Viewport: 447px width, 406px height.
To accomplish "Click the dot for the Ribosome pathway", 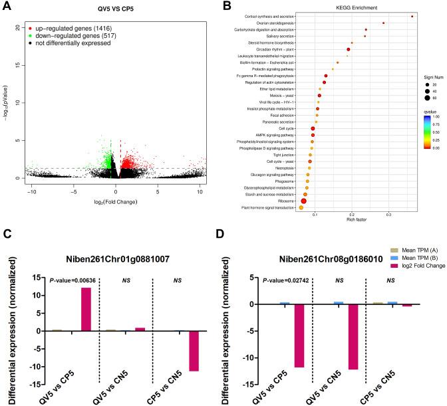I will click(303, 201).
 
